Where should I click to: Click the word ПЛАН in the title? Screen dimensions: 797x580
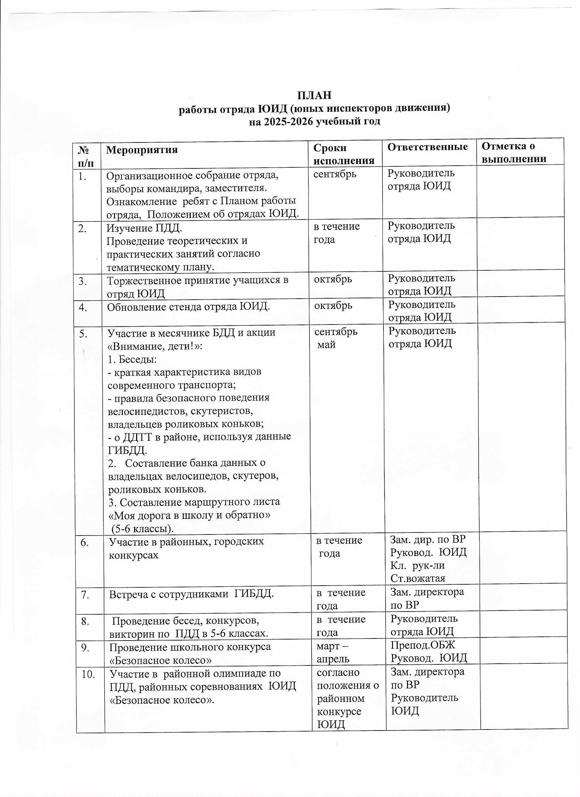pos(314,95)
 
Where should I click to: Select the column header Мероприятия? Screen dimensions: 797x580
pos(142,150)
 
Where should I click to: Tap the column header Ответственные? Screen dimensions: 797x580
pos(427,147)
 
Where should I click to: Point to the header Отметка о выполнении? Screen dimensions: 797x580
pos(513,152)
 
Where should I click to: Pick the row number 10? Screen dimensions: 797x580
pos(88,674)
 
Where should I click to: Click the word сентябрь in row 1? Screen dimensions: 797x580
pos(334,174)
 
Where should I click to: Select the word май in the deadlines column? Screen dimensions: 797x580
pos(327,345)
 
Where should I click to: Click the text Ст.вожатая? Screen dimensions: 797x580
pos(418,578)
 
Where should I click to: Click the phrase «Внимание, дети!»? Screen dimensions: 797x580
pos(155,346)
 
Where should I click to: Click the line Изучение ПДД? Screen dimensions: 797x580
pos(144,228)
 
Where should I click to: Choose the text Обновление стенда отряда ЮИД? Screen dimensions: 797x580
pos(188,307)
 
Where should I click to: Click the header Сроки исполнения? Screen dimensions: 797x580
pos(343,154)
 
